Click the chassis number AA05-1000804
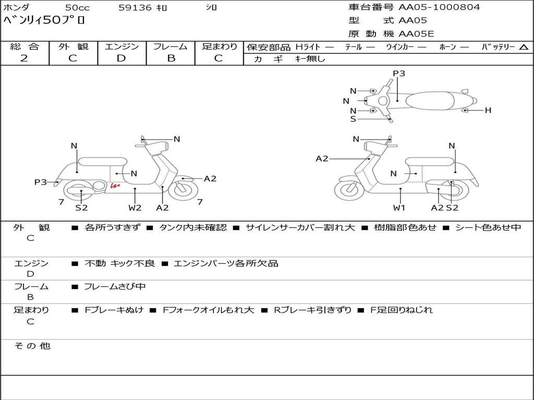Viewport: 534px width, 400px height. coord(439,7)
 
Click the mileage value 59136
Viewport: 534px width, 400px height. coord(135,8)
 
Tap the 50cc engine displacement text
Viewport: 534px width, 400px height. coord(77,8)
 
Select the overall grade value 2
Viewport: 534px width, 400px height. coord(24,58)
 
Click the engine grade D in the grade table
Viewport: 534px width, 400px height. coord(121,58)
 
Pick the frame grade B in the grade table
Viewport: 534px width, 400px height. coord(171,58)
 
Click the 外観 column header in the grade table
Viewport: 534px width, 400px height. coord(73,46)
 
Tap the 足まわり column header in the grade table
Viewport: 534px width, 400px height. coord(219,46)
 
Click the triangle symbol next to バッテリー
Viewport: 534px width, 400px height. coord(524,47)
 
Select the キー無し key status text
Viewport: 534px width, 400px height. coord(310,59)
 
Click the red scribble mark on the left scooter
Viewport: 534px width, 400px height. coord(114,185)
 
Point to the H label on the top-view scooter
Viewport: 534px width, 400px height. coord(488,110)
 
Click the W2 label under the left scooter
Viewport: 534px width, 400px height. coord(135,207)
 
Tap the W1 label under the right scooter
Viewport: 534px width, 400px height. coord(399,207)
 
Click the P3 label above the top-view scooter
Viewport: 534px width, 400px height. coord(399,73)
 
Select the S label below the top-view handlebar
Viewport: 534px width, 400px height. coord(353,119)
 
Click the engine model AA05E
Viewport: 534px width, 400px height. coord(416,34)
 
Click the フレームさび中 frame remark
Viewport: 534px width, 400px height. coord(115,286)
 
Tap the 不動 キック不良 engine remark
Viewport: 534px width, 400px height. coord(119,264)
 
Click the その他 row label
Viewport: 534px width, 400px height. coord(32,346)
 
